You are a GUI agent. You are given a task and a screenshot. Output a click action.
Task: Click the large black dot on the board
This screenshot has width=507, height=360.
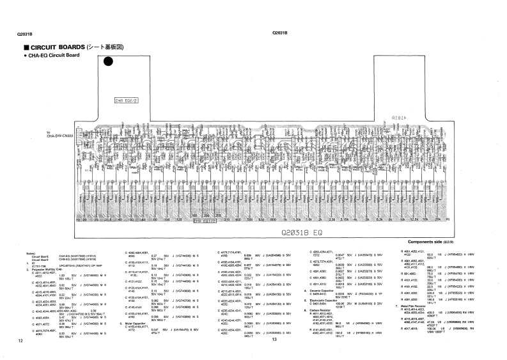109,61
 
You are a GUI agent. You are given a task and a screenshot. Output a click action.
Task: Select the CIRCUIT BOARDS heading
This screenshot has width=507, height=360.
72,48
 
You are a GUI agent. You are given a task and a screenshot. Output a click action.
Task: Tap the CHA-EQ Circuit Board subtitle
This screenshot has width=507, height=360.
56,56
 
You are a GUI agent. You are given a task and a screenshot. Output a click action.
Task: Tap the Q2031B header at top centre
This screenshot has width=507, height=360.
279,33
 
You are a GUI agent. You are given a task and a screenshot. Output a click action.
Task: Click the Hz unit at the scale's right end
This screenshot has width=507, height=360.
448,219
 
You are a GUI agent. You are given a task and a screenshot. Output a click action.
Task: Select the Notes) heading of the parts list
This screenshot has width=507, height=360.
30,254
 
